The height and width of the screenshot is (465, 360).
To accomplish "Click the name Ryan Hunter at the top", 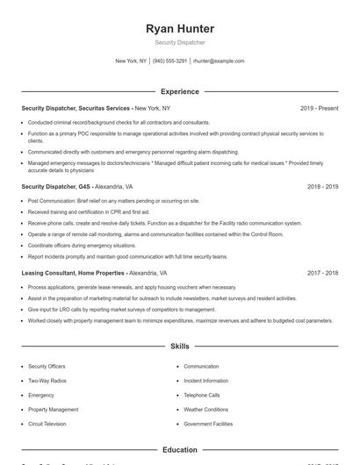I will pyautogui.click(x=179, y=29).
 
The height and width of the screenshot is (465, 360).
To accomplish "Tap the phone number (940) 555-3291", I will pyautogui.click(x=169, y=61).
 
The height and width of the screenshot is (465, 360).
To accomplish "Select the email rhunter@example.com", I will pyautogui.click(x=219, y=61).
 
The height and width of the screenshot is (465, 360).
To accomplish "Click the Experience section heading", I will pyautogui.click(x=179, y=91).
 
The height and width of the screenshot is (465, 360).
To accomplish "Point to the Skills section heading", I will pyautogui.click(x=179, y=347).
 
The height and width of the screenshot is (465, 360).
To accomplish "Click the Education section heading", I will pyautogui.click(x=179, y=449).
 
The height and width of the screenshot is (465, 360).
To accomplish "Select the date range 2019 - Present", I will pyautogui.click(x=319, y=108).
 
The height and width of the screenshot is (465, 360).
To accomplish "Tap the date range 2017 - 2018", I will pyautogui.click(x=322, y=274).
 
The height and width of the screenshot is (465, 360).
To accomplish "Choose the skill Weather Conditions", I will pyautogui.click(x=205, y=410).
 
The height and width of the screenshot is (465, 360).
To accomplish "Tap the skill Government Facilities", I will pyautogui.click(x=208, y=424).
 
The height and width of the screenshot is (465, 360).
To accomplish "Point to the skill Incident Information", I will pyautogui.click(x=205, y=381).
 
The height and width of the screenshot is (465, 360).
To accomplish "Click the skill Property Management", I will pyautogui.click(x=53, y=410).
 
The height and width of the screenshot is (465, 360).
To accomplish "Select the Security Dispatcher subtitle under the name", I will pyautogui.click(x=179, y=43).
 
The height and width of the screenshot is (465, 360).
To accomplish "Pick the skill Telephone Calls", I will pyautogui.click(x=202, y=395).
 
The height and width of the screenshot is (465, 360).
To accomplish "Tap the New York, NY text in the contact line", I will pyautogui.click(x=131, y=61).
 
